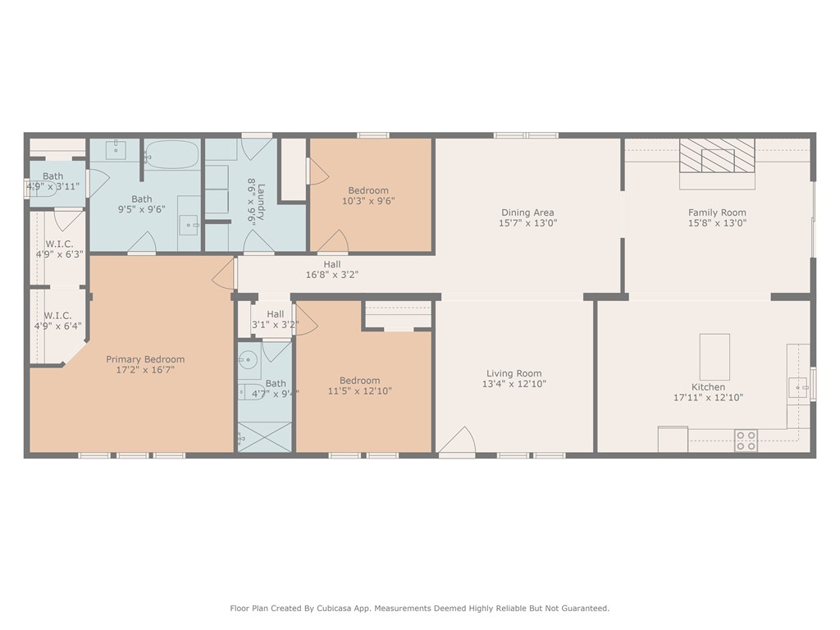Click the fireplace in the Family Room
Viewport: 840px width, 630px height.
pos(716,155)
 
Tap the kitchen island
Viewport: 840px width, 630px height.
pos(714,356)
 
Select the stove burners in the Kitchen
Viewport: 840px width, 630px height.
pos(746,441)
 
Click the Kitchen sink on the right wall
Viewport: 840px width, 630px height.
pos(797,387)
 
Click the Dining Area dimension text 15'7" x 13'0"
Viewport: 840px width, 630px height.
pos(528,222)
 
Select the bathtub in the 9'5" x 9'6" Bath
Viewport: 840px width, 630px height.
pos(173,154)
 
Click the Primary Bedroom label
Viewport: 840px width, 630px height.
pos(145,359)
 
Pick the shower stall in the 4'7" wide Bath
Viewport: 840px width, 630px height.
pos(265,436)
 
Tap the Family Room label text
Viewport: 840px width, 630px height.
pos(717,212)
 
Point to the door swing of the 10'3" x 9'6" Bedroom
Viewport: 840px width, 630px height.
pos(333,242)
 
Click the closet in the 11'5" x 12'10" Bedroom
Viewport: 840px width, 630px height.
pos(398,316)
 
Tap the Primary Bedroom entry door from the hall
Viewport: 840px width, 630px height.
pos(224,273)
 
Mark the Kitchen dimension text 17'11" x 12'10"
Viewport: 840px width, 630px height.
pos(708,398)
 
